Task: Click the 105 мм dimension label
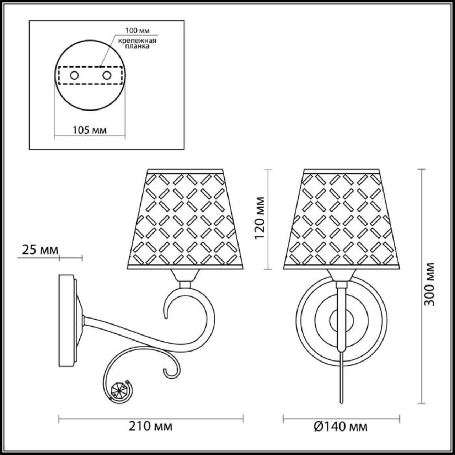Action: [90, 130]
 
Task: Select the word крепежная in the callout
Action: [138, 40]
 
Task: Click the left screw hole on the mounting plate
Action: [75, 75]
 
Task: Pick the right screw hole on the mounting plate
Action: [106, 75]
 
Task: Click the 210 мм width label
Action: [151, 425]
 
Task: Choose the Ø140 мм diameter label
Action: [341, 425]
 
